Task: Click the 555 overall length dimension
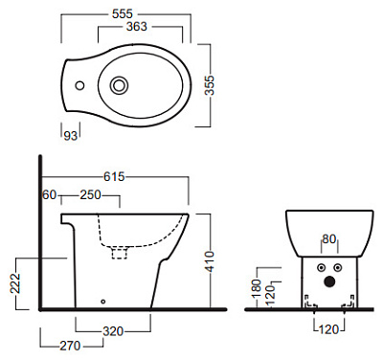[x=123, y=13]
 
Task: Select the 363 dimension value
[x=137, y=27]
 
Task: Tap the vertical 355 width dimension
[x=210, y=85]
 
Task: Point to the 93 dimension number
[x=71, y=136]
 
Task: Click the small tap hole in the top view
[x=79, y=85]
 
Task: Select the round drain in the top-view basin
[x=119, y=85]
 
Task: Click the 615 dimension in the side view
[x=114, y=176]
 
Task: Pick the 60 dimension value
[x=50, y=194]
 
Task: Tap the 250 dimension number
[x=90, y=194]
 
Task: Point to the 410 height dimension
[x=210, y=261]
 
